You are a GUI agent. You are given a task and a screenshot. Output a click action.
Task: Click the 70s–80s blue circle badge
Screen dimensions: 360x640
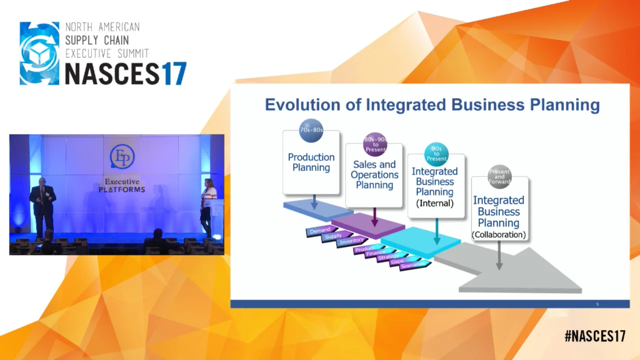(311, 130)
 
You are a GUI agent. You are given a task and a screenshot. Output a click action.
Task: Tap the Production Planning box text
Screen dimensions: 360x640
(311, 162)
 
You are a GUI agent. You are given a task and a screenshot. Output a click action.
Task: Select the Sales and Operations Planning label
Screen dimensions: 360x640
(374, 174)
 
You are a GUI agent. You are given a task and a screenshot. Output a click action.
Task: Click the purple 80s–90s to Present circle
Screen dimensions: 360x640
(375, 144)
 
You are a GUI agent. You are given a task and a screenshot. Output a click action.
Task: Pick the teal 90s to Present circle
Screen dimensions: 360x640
(436, 154)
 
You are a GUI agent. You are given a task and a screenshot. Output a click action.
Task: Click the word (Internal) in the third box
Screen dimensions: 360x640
(434, 203)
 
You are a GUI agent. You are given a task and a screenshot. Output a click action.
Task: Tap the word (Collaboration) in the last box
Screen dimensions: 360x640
(498, 234)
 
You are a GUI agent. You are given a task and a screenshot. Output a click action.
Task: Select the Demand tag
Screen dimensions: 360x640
(319, 231)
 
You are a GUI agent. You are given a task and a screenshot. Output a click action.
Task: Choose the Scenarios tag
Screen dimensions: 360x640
(414, 264)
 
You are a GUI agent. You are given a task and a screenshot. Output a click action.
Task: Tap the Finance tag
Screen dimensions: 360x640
(376, 253)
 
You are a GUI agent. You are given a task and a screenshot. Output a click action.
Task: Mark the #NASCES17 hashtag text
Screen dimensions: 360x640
(594, 336)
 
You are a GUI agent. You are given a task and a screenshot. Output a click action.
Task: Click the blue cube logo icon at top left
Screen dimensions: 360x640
(39, 53)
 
